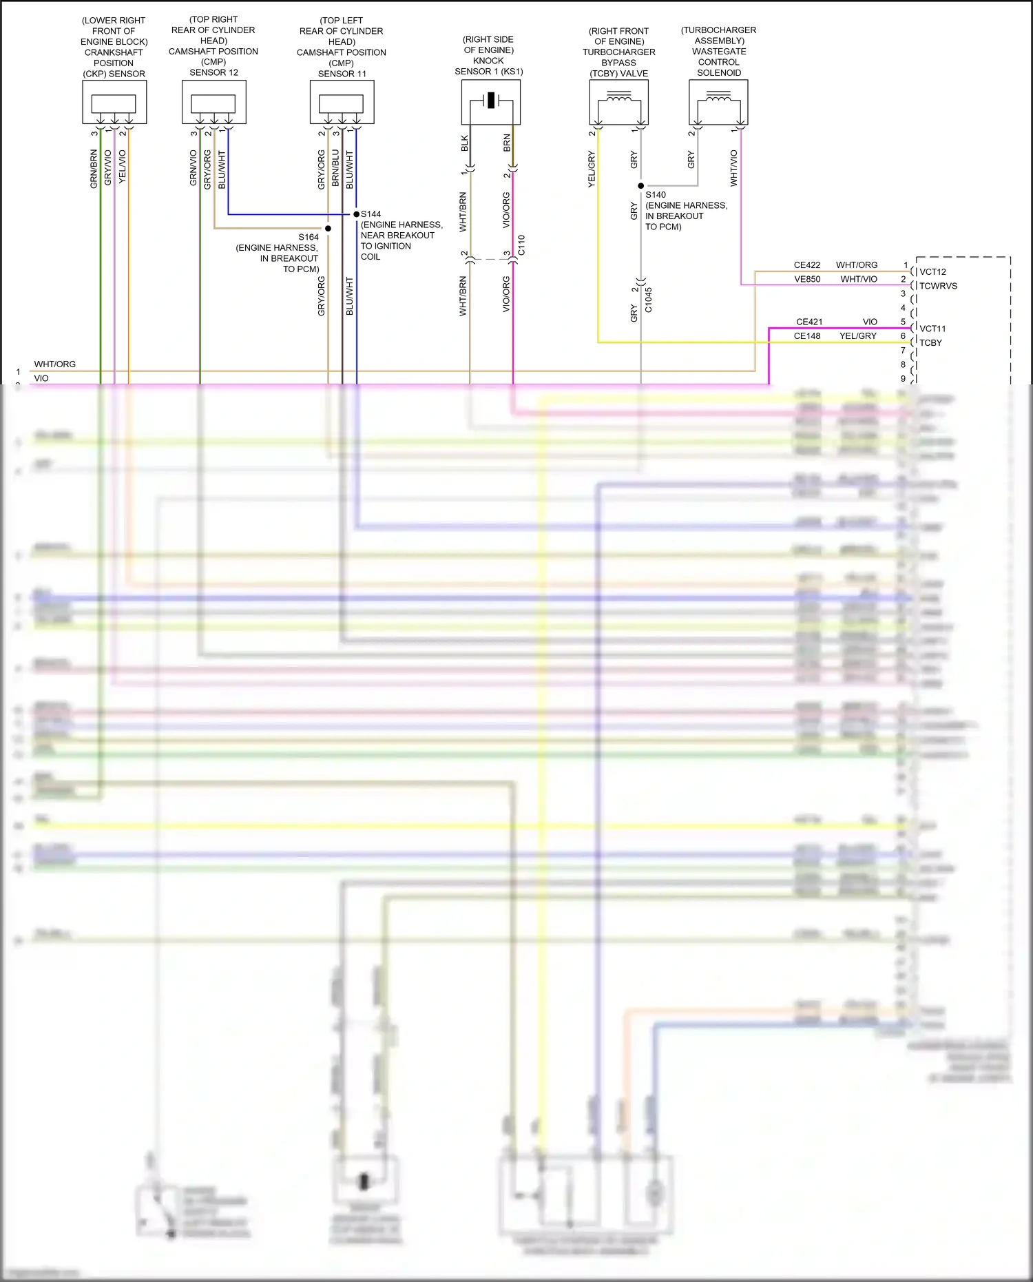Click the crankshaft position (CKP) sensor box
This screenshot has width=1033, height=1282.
pyautogui.click(x=114, y=102)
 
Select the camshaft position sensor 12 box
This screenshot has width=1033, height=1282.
pyautogui.click(x=214, y=102)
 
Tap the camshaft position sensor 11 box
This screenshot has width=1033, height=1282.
pyautogui.click(x=342, y=102)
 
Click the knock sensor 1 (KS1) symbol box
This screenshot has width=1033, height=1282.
pyautogui.click(x=490, y=102)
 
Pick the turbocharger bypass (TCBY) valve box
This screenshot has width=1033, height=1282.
pyautogui.click(x=619, y=102)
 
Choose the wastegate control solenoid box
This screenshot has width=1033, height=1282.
pyautogui.click(x=718, y=102)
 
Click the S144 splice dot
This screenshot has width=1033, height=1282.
pyautogui.click(x=357, y=214)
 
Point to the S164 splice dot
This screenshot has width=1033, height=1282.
pyautogui.click(x=328, y=228)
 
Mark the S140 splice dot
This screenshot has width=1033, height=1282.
pyautogui.click(x=641, y=186)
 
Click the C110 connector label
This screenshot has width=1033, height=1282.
pyautogui.click(x=521, y=245)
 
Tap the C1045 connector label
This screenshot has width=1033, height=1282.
pyautogui.click(x=649, y=300)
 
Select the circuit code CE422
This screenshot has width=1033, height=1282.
pyautogui.click(x=807, y=265)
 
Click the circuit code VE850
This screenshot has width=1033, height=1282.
pyautogui.click(x=807, y=279)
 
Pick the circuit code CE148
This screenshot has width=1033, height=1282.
pyautogui.click(x=807, y=336)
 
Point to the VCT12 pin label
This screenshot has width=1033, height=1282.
pyautogui.click(x=932, y=272)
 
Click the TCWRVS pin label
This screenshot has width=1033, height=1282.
pyautogui.click(x=938, y=286)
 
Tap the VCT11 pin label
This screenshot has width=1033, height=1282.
pyautogui.click(x=932, y=329)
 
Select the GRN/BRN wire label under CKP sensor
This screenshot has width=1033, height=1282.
pyautogui.click(x=94, y=169)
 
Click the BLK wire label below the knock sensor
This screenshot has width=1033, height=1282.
pyautogui.click(x=465, y=143)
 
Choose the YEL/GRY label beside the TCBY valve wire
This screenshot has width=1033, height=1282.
pyautogui.click(x=592, y=169)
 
